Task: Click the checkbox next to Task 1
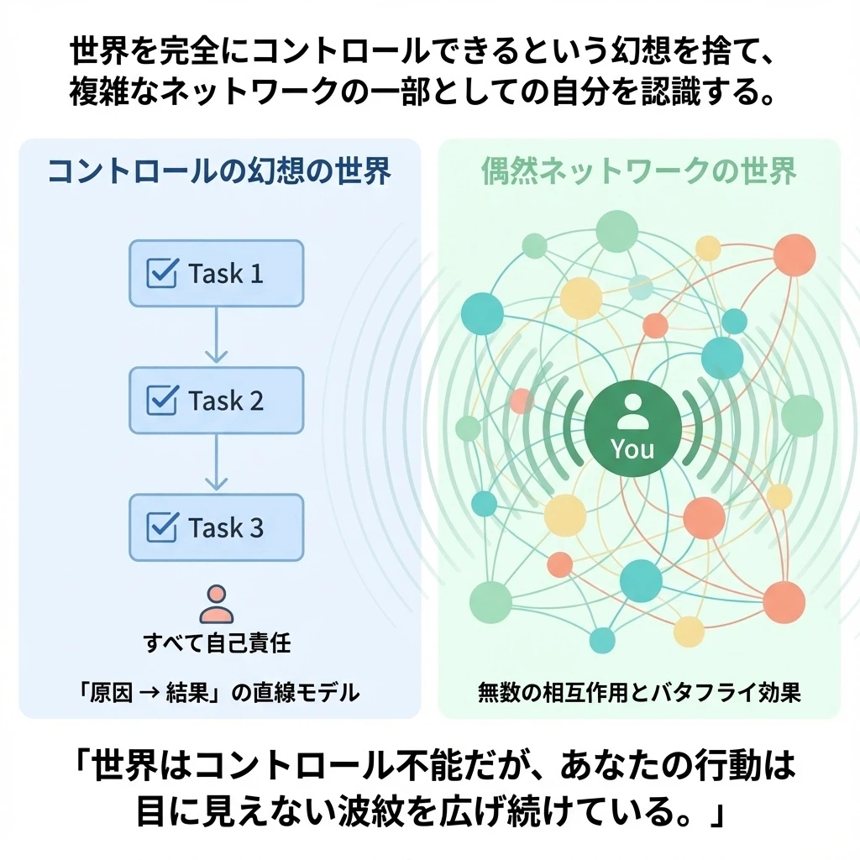pyautogui.click(x=161, y=273)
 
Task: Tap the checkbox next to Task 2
pyautogui.click(x=161, y=401)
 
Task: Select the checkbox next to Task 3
pyautogui.click(x=161, y=527)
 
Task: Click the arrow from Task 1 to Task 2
pyautogui.click(x=216, y=335)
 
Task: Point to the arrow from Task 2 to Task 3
pyautogui.click(x=216, y=463)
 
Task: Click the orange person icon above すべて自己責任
pyautogui.click(x=217, y=604)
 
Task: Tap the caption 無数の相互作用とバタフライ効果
pyautogui.click(x=639, y=693)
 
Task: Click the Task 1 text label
pyautogui.click(x=226, y=274)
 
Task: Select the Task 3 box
pyautogui.click(x=216, y=527)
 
